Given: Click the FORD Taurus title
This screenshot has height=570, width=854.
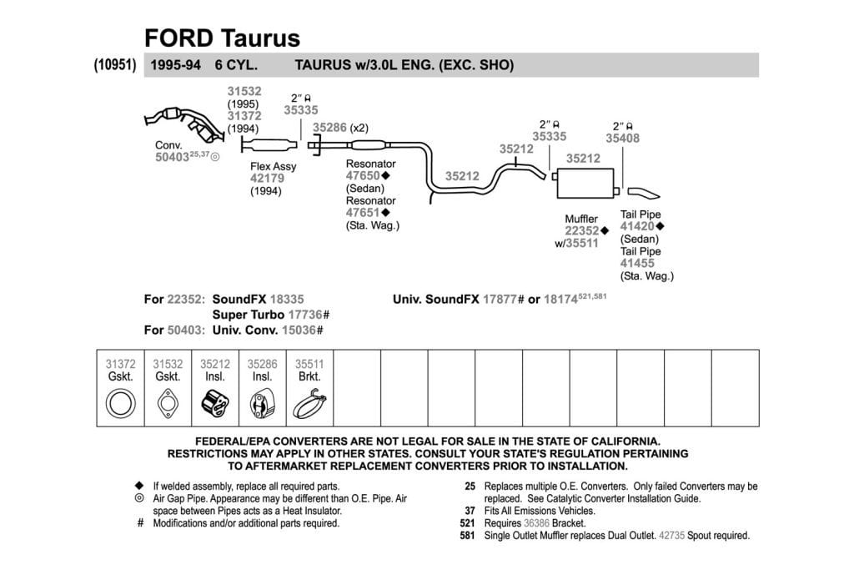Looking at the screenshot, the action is tap(222, 38).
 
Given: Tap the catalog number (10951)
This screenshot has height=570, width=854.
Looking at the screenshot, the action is tap(115, 64).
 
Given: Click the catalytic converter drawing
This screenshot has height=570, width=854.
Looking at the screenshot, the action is tap(184, 124).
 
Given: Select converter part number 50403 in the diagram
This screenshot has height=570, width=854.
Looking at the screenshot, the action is tap(172, 157).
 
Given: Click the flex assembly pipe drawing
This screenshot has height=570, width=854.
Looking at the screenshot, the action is tap(269, 145).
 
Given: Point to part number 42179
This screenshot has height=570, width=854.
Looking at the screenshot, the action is tap(267, 179).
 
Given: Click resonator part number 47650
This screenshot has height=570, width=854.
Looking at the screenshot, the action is tap(363, 175).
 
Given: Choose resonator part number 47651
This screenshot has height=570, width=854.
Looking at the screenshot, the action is tap(363, 213).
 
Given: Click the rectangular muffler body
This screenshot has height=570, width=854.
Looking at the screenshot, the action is tap(585, 183).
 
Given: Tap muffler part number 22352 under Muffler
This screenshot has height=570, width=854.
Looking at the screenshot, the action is tap(581, 230).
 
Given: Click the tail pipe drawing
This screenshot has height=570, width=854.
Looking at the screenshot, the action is tap(643, 193).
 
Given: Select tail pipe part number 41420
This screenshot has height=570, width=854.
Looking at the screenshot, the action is tap(637, 226).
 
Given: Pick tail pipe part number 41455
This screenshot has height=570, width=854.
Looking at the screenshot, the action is tap(637, 263).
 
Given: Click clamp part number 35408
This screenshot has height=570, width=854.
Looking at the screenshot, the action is tap(622, 139).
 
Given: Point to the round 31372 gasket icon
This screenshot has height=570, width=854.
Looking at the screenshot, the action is tap(120, 404).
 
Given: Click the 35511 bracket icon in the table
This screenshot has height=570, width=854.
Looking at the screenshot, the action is tap(310, 404).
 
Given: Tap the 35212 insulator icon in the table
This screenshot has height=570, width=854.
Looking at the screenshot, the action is tap(215, 404).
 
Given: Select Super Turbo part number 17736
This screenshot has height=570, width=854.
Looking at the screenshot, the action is tap(305, 315).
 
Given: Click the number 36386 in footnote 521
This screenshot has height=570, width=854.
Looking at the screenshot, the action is tap(536, 523).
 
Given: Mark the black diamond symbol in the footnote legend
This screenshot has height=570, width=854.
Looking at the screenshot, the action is tap(139, 485).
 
